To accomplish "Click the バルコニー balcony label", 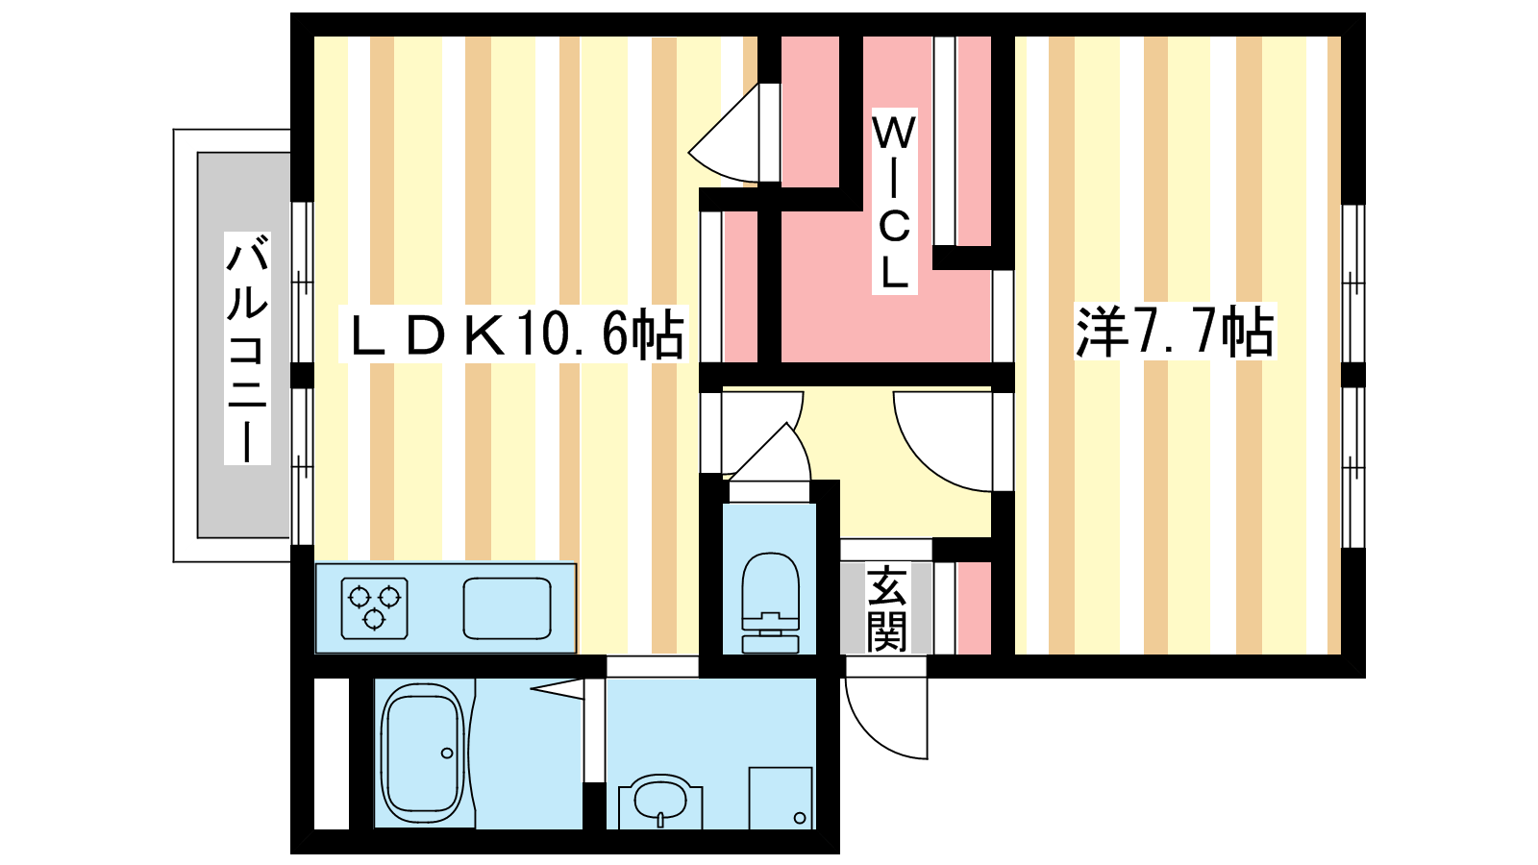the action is click(x=247, y=348).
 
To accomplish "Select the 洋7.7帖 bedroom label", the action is click(x=1175, y=332).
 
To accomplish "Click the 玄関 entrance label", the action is click(x=886, y=608).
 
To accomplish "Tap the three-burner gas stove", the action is click(x=374, y=608).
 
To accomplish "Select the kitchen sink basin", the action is click(x=508, y=608).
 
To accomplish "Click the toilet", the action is click(x=770, y=602).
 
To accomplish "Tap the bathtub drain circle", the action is click(x=447, y=754).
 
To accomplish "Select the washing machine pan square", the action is click(x=781, y=798).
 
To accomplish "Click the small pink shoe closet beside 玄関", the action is click(x=975, y=608).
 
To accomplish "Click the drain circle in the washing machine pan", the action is click(x=799, y=818).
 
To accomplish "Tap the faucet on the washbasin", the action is click(x=660, y=818).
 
